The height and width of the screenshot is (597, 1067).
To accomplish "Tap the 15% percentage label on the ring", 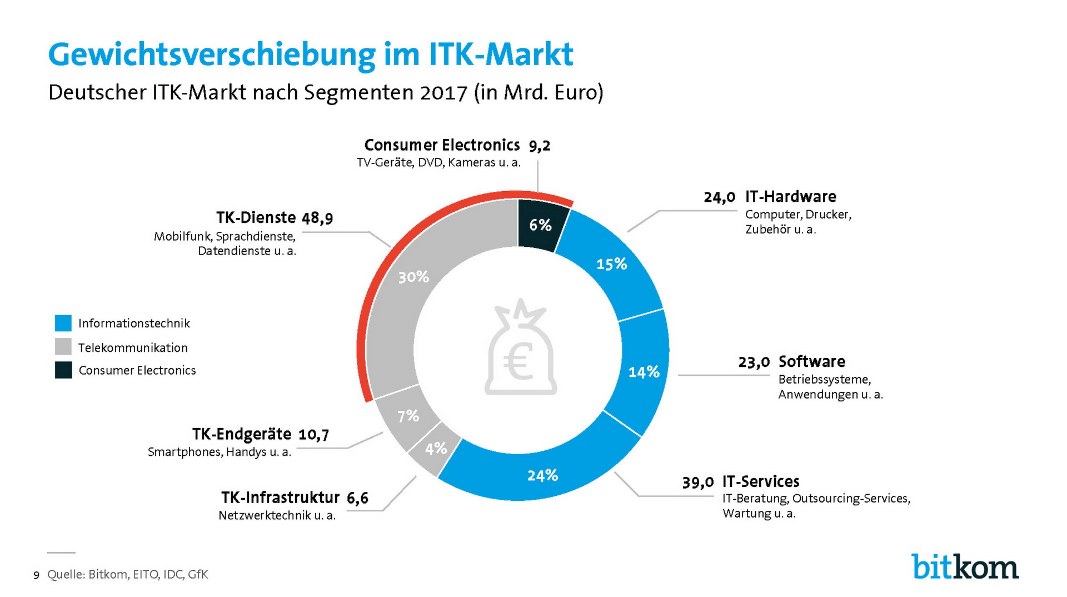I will (x=611, y=263).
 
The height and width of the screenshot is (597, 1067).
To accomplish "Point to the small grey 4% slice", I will (x=435, y=449).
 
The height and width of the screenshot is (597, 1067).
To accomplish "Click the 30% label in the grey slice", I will (x=413, y=277).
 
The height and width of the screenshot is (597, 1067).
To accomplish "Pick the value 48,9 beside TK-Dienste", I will (x=317, y=218).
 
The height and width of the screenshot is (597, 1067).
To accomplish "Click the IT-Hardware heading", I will (x=790, y=197).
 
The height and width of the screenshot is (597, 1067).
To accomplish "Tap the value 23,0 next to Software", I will (x=754, y=362).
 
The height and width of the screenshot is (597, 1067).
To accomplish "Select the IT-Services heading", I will (x=761, y=481).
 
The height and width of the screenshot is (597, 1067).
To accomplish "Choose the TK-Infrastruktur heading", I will (x=280, y=497).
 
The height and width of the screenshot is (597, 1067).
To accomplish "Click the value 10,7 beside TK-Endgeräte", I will (x=314, y=435).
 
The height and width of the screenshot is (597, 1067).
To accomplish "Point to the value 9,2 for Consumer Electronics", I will (x=540, y=146).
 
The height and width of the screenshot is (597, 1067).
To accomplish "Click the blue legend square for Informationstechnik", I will (x=63, y=323).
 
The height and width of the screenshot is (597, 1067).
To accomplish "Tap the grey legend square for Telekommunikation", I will (x=63, y=347).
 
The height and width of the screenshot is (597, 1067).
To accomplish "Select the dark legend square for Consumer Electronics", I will (x=63, y=370).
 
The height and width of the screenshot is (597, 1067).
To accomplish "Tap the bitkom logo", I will (x=965, y=566).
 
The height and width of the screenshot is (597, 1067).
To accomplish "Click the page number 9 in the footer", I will (x=37, y=575).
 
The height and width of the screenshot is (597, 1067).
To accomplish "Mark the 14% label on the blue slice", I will (x=644, y=372).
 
